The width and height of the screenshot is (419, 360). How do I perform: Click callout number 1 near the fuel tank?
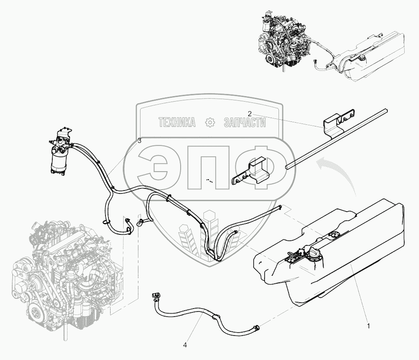(368, 326)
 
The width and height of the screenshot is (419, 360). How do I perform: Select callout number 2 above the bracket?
(249, 114)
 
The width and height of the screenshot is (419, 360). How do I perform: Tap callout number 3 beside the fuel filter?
(139, 141)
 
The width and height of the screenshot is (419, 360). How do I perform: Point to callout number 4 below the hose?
(185, 345)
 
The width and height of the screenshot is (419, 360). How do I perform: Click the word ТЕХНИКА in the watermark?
(177, 123)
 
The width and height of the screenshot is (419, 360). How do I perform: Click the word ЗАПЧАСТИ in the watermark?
(244, 123)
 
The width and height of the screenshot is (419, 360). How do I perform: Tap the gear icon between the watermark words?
(210, 123)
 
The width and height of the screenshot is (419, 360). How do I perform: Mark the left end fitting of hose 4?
(156, 296)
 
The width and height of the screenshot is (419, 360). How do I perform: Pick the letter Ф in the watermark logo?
(259, 167)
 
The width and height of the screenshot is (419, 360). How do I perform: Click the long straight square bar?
(336, 139)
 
